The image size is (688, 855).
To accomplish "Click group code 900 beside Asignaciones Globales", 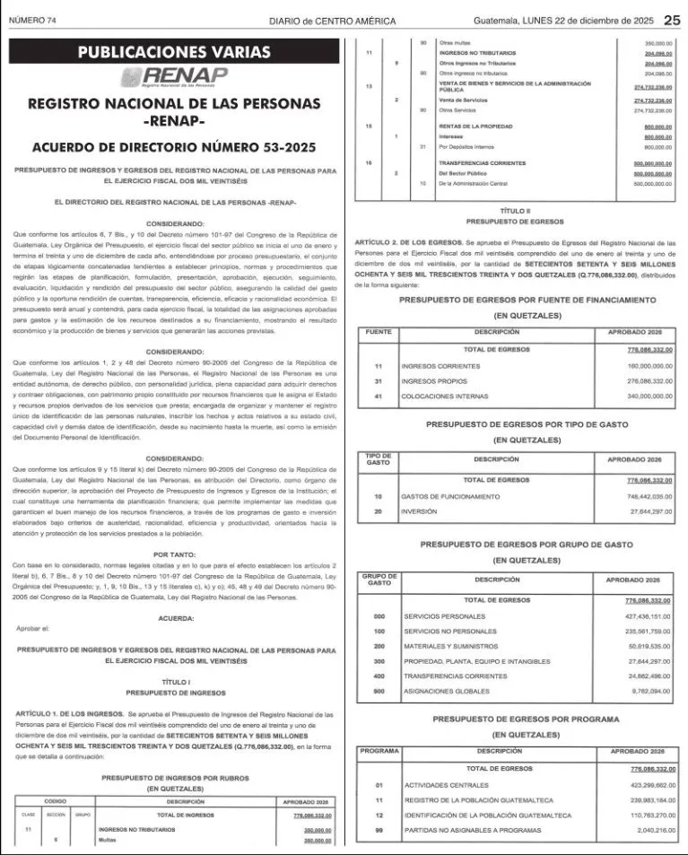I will pyautogui.click(x=379, y=692).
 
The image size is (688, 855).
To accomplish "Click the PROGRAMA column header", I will pyautogui.click(x=379, y=750).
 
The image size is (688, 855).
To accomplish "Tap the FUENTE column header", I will pyautogui.click(x=379, y=332).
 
